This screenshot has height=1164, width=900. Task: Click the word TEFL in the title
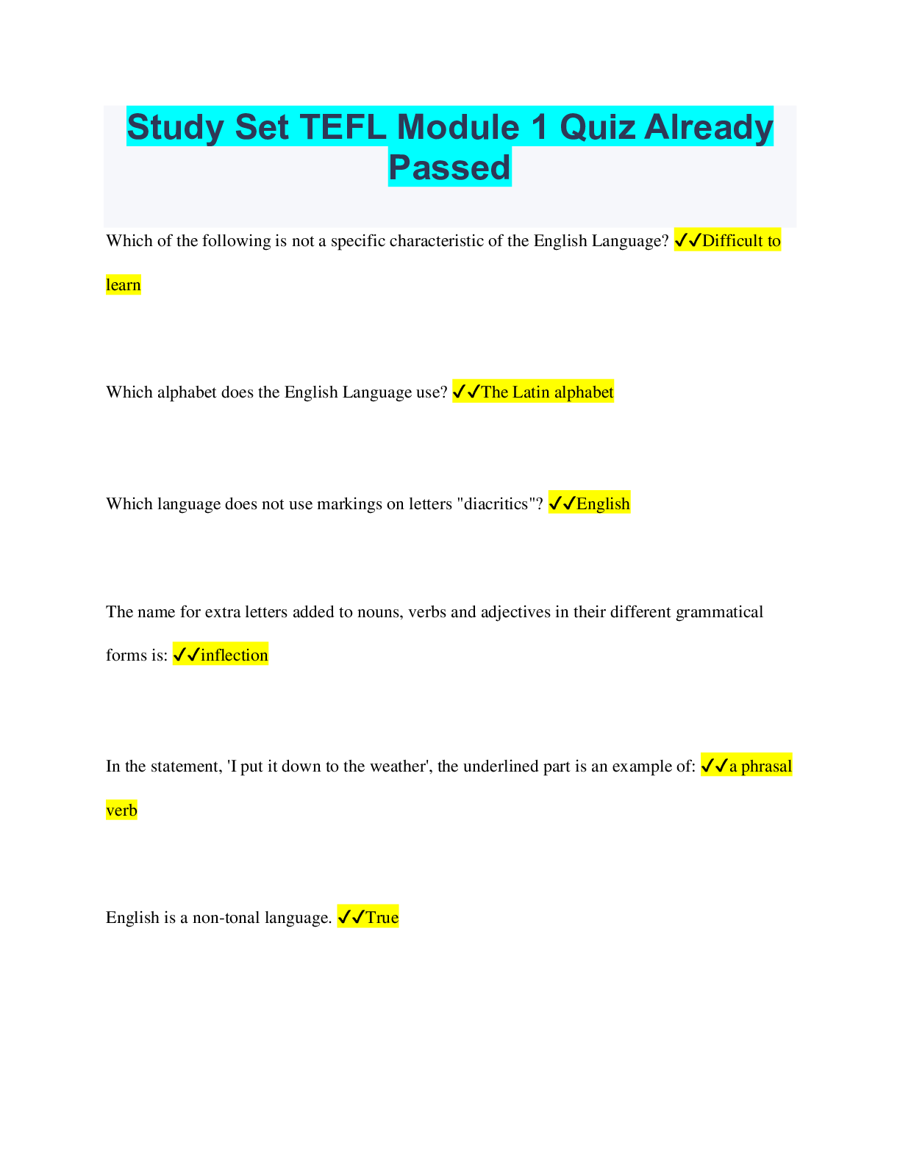click(343, 127)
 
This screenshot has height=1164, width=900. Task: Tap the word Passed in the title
click(449, 168)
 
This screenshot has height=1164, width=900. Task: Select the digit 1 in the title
click(539, 127)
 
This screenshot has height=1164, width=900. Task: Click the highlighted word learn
click(123, 285)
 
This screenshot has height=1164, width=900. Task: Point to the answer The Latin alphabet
click(547, 392)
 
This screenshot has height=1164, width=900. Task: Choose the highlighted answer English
click(603, 504)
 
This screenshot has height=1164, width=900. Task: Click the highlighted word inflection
click(234, 655)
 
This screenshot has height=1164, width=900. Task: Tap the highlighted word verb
click(121, 811)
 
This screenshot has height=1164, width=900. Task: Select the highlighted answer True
click(382, 918)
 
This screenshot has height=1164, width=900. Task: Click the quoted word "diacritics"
click(496, 504)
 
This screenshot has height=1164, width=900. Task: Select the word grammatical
click(719, 612)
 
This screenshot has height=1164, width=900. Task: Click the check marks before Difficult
click(687, 241)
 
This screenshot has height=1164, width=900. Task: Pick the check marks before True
click(351, 918)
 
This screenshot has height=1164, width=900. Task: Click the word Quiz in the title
click(597, 127)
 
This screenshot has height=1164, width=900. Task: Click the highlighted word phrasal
click(766, 766)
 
